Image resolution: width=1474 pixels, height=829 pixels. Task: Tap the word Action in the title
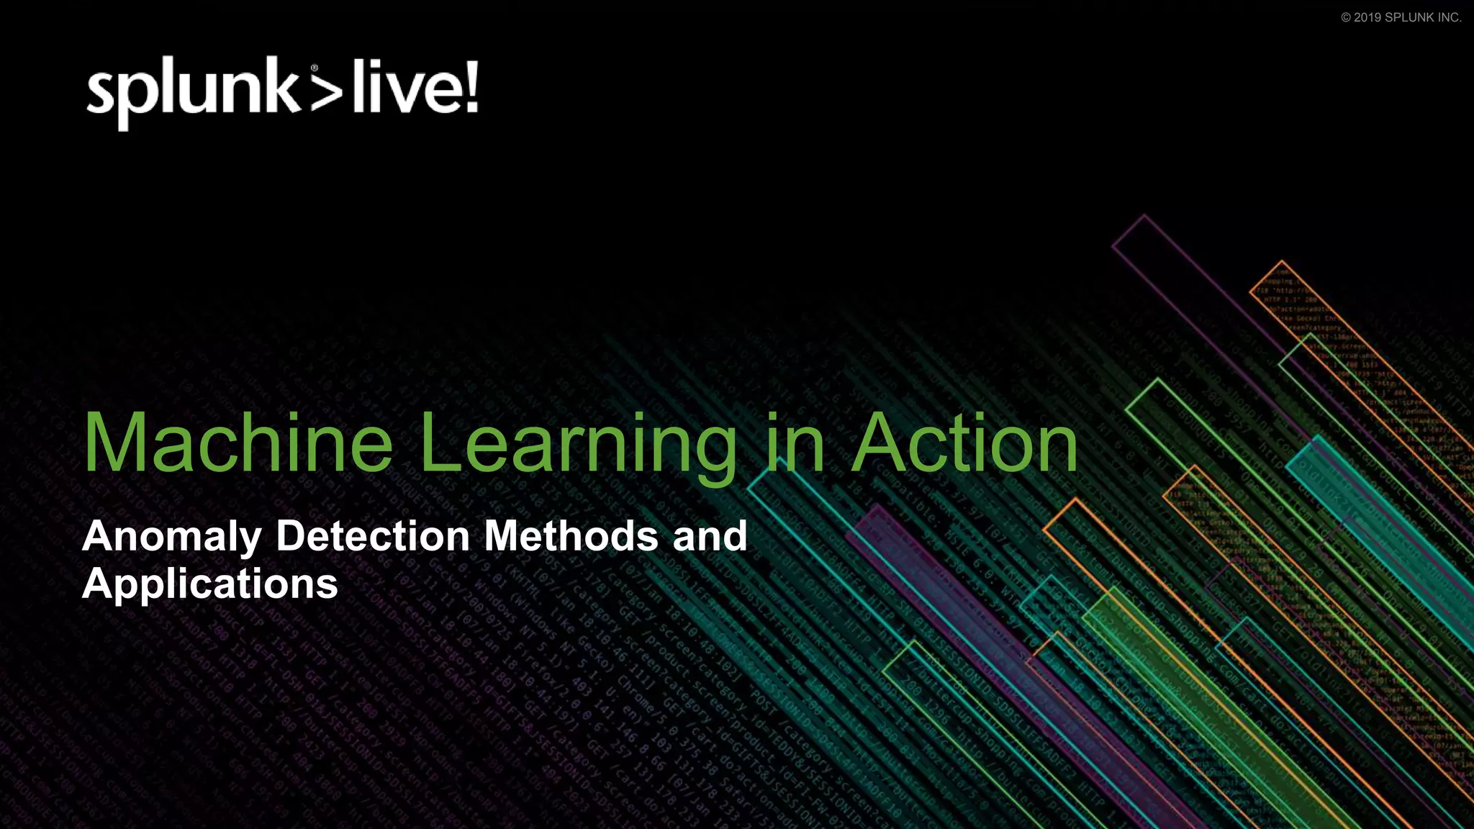964,443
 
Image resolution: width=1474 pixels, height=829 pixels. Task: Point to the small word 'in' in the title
795,443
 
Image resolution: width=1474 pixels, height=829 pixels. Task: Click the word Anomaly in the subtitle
172,537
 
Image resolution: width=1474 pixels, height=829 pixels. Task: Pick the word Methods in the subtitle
571,536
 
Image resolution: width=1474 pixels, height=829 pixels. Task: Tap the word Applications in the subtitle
209,584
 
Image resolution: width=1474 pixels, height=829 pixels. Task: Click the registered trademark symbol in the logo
314,68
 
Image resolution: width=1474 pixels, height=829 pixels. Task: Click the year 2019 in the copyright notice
1367,17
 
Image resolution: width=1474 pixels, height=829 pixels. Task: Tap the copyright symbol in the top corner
1346,17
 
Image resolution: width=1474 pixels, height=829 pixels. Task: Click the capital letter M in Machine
119,443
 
